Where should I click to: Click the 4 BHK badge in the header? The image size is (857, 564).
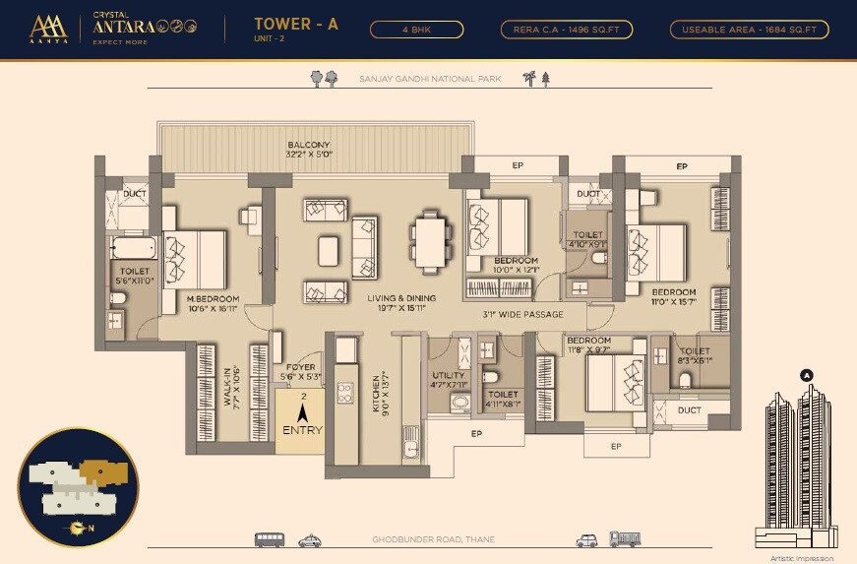click(x=417, y=30)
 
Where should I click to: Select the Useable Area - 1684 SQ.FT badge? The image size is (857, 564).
click(x=749, y=30)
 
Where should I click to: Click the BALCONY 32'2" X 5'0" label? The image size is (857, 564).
click(x=309, y=149)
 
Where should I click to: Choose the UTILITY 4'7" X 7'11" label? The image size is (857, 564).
click(x=449, y=380)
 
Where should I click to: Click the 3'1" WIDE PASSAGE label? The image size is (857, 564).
click(x=522, y=315)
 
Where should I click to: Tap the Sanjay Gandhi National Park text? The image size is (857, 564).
click(x=430, y=78)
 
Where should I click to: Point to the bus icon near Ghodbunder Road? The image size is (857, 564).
click(x=270, y=539)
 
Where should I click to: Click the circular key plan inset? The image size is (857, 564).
click(x=78, y=486)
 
